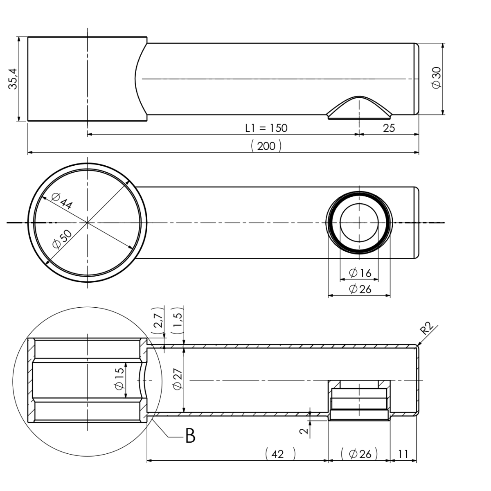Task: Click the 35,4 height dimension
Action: click(x=13, y=79)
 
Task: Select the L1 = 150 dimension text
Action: click(x=266, y=128)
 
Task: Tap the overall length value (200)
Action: click(x=266, y=146)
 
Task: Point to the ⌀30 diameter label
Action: click(x=437, y=77)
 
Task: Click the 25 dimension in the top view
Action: click(x=389, y=128)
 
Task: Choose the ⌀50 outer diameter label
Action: click(x=63, y=239)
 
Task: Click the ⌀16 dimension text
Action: click(x=360, y=273)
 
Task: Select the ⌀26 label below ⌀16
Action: click(x=360, y=289)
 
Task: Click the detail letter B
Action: click(x=190, y=437)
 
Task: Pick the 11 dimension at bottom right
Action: click(x=403, y=454)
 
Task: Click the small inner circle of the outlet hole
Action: click(x=359, y=223)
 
